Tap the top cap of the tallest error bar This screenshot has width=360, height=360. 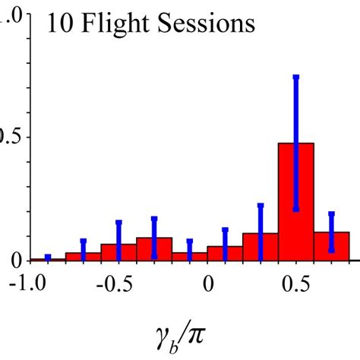(296, 77)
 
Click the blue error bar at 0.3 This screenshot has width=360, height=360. (261, 228)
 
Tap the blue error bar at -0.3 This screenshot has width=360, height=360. (154, 237)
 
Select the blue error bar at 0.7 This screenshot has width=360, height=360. (332, 232)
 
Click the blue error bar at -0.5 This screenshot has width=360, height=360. (118, 239)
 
